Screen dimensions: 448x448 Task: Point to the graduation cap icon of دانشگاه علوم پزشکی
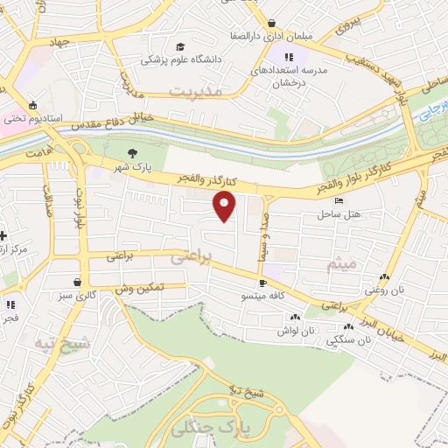[x=180, y=47]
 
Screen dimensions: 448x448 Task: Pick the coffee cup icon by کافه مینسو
[x=262, y=283]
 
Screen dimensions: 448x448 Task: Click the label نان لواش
[x=296, y=331]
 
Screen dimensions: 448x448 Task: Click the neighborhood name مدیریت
[x=197, y=90]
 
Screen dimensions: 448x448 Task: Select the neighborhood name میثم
[x=341, y=262]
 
